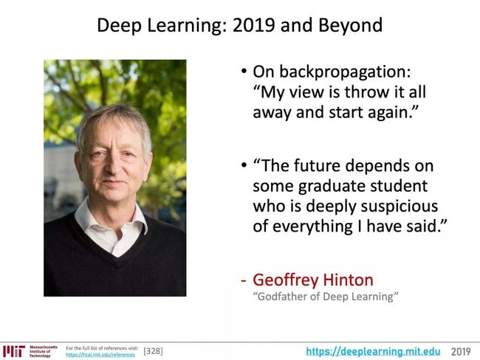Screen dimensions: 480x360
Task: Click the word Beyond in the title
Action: click(350, 26)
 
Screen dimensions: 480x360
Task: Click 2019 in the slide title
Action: click(254, 25)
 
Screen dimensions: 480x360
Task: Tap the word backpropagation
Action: click(345, 72)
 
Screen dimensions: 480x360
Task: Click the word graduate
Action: click(331, 186)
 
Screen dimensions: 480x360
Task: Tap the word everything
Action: click(312, 227)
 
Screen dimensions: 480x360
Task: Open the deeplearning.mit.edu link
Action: click(373, 351)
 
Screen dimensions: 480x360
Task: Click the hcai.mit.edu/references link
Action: click(100, 355)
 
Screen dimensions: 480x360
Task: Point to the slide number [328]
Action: click(153, 351)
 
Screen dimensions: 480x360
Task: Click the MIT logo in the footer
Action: click(14, 351)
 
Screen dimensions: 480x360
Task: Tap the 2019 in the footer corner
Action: click(461, 352)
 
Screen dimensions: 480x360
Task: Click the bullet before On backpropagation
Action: click(244, 72)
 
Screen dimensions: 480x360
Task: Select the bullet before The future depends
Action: click(244, 165)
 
